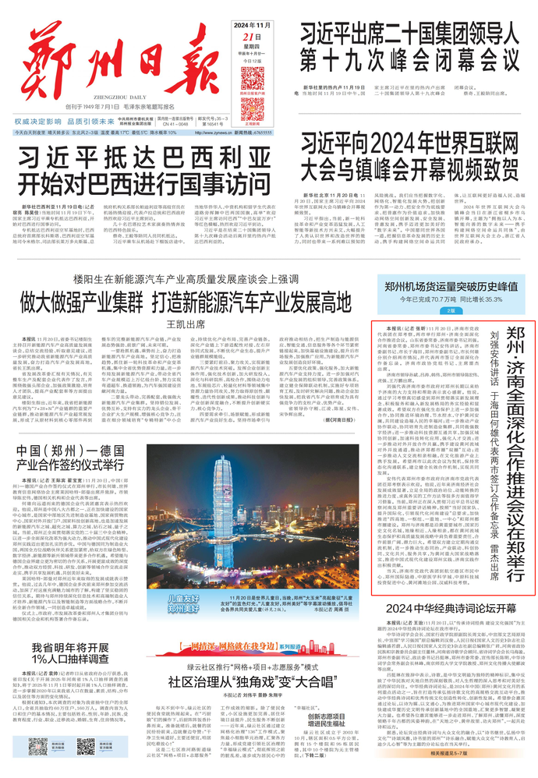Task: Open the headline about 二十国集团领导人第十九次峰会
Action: pyautogui.click(x=409, y=48)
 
